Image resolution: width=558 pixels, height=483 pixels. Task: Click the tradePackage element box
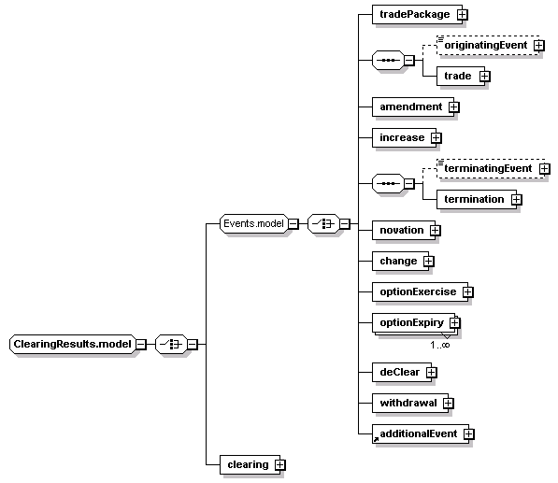(x=417, y=15)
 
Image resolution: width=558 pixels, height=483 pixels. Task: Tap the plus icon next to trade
(x=484, y=76)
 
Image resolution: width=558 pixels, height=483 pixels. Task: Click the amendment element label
(x=410, y=107)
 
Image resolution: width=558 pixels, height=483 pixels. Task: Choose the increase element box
(x=404, y=137)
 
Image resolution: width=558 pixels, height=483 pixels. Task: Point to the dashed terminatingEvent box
(x=491, y=168)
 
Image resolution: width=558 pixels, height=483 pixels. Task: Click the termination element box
(x=477, y=199)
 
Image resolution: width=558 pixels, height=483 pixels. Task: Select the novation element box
(x=404, y=230)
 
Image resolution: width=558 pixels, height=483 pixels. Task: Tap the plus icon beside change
(x=428, y=261)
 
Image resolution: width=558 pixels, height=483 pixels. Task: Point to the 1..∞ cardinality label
(x=440, y=345)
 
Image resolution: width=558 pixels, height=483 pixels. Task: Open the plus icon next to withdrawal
(x=448, y=403)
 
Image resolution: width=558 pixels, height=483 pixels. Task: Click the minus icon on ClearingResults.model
(x=141, y=345)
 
